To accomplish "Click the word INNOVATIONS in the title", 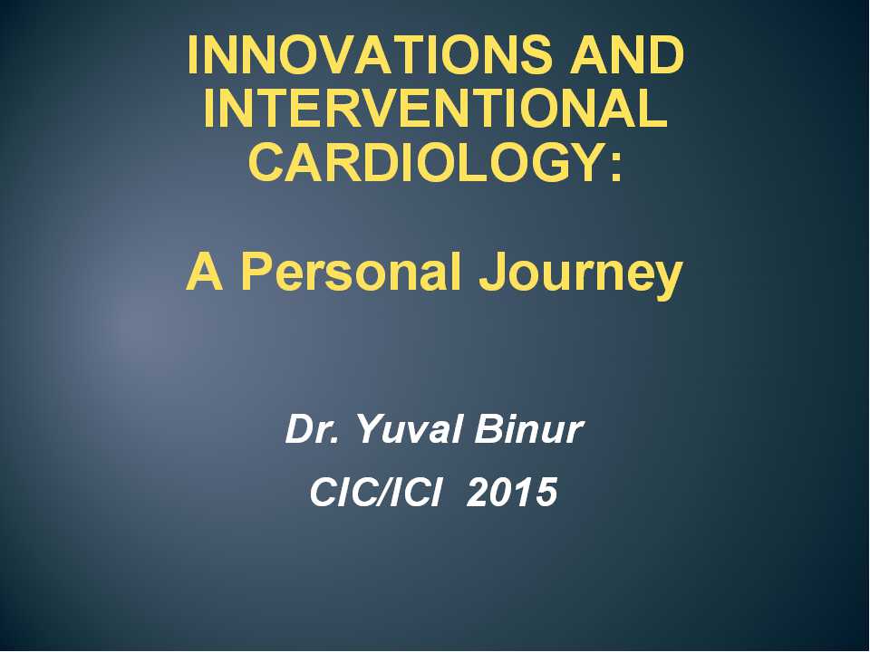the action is click(370, 54).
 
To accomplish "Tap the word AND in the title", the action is click(627, 54).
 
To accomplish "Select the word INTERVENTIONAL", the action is click(436, 108).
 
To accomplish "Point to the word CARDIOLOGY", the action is click(426, 162).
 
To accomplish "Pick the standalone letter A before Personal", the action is click(205, 272).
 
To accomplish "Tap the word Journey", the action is click(581, 275).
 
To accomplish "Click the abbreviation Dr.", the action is click(311, 429).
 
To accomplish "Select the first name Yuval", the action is click(408, 429).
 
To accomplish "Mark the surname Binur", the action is click(528, 429).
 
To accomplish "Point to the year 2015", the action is click(511, 492).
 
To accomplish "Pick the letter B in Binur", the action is click(488, 429).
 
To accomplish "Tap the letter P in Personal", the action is click(256, 272).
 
